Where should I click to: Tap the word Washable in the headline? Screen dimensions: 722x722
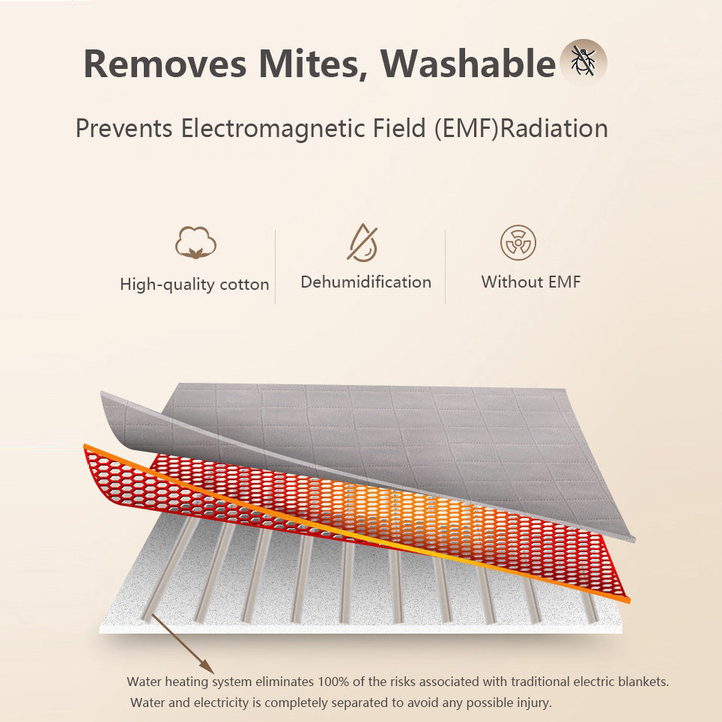(x=468, y=63)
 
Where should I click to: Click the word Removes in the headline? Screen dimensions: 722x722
(x=165, y=64)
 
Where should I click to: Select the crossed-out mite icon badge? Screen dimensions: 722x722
(x=583, y=62)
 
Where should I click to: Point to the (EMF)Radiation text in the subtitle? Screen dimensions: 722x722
(x=521, y=129)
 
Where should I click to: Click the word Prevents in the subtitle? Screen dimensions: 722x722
(x=124, y=129)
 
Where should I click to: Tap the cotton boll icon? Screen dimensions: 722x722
(x=195, y=242)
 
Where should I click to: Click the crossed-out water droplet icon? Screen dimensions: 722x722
(x=362, y=243)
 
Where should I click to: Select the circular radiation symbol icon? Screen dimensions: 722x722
(x=518, y=242)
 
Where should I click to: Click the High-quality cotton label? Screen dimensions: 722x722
(x=194, y=285)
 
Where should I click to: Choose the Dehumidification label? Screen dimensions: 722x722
(x=366, y=282)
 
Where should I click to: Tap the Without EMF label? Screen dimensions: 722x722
(x=531, y=282)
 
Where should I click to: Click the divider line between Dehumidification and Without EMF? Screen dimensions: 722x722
(x=446, y=267)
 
